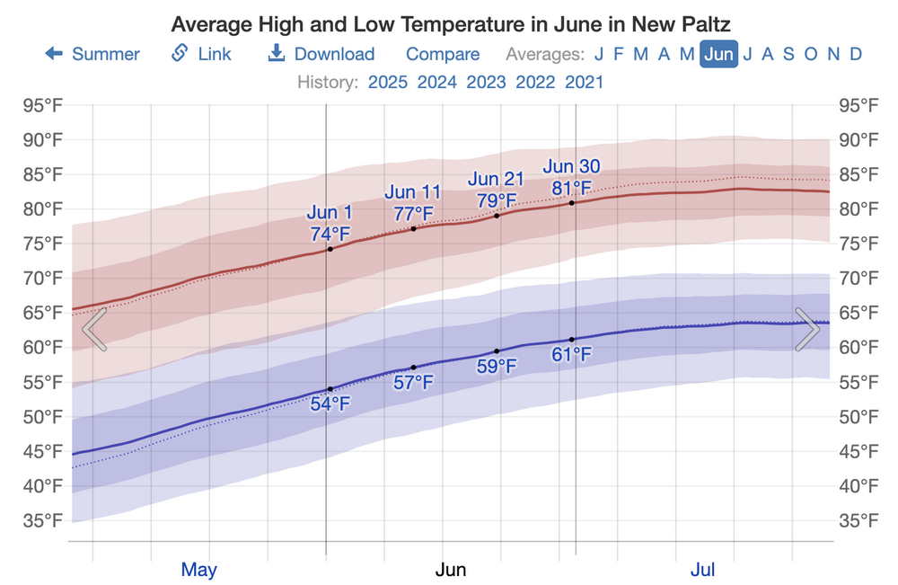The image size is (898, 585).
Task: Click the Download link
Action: tap(321, 54)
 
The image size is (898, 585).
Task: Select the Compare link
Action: tap(443, 54)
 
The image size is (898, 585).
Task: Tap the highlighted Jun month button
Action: tap(718, 54)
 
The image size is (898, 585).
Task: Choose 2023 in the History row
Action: tap(486, 82)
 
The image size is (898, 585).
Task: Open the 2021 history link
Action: tap(585, 82)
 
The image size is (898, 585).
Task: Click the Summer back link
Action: tap(92, 54)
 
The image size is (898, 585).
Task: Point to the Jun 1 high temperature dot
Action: tap(330, 248)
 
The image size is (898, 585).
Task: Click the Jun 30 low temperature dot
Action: tap(572, 340)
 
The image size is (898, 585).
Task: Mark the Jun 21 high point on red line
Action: tap(497, 216)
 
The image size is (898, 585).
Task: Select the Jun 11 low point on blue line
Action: tap(413, 368)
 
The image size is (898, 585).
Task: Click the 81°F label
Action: tap(572, 188)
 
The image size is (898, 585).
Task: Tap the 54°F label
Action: tap(330, 403)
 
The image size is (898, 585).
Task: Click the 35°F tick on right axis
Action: tap(858, 520)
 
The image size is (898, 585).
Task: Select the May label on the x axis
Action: tap(199, 570)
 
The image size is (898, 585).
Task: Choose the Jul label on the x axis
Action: tap(702, 570)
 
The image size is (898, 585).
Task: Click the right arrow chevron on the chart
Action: tap(806, 329)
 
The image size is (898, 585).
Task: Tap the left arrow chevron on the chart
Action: tap(94, 329)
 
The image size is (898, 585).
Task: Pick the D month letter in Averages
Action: tap(856, 54)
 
